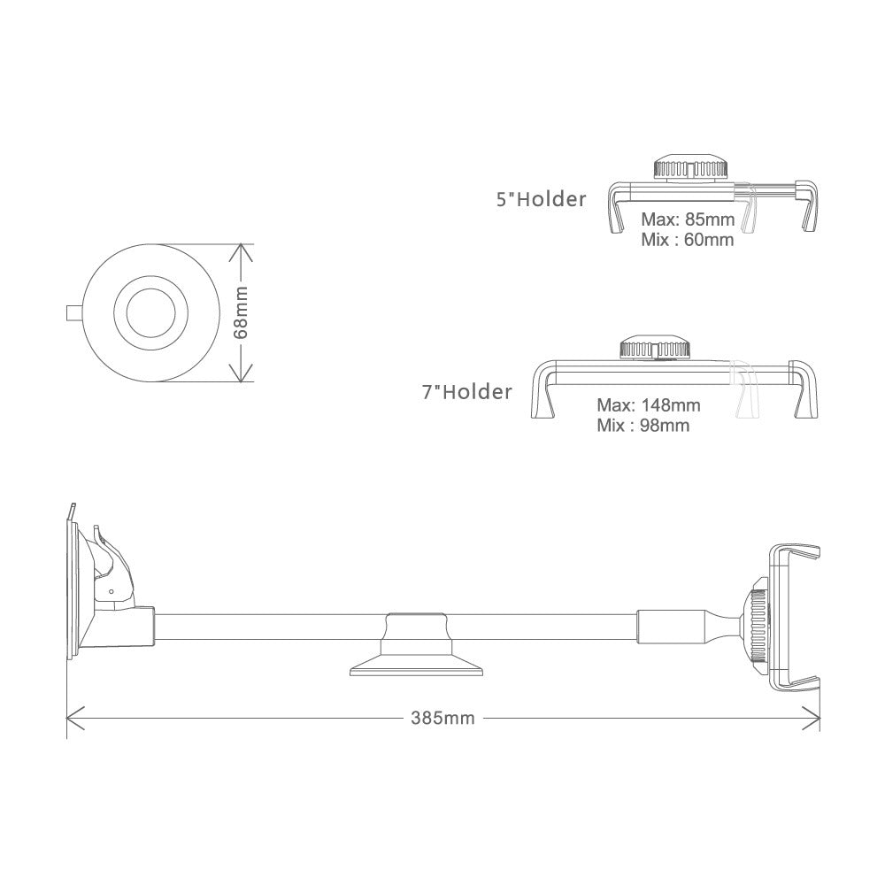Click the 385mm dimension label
tap(442, 719)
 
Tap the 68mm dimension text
tap(242, 312)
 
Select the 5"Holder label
tap(541, 199)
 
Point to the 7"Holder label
tap(466, 391)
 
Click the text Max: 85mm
tap(686, 219)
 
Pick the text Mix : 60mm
tap(687, 239)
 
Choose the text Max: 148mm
tap(649, 405)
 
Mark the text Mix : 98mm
tap(643, 426)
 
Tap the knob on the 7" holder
tap(654, 348)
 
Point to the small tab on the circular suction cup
tap(75, 312)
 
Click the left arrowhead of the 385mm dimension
tap(71, 718)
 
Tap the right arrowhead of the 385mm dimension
tap(815, 718)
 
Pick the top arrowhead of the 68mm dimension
tap(241, 250)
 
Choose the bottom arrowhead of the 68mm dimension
tap(241, 377)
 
